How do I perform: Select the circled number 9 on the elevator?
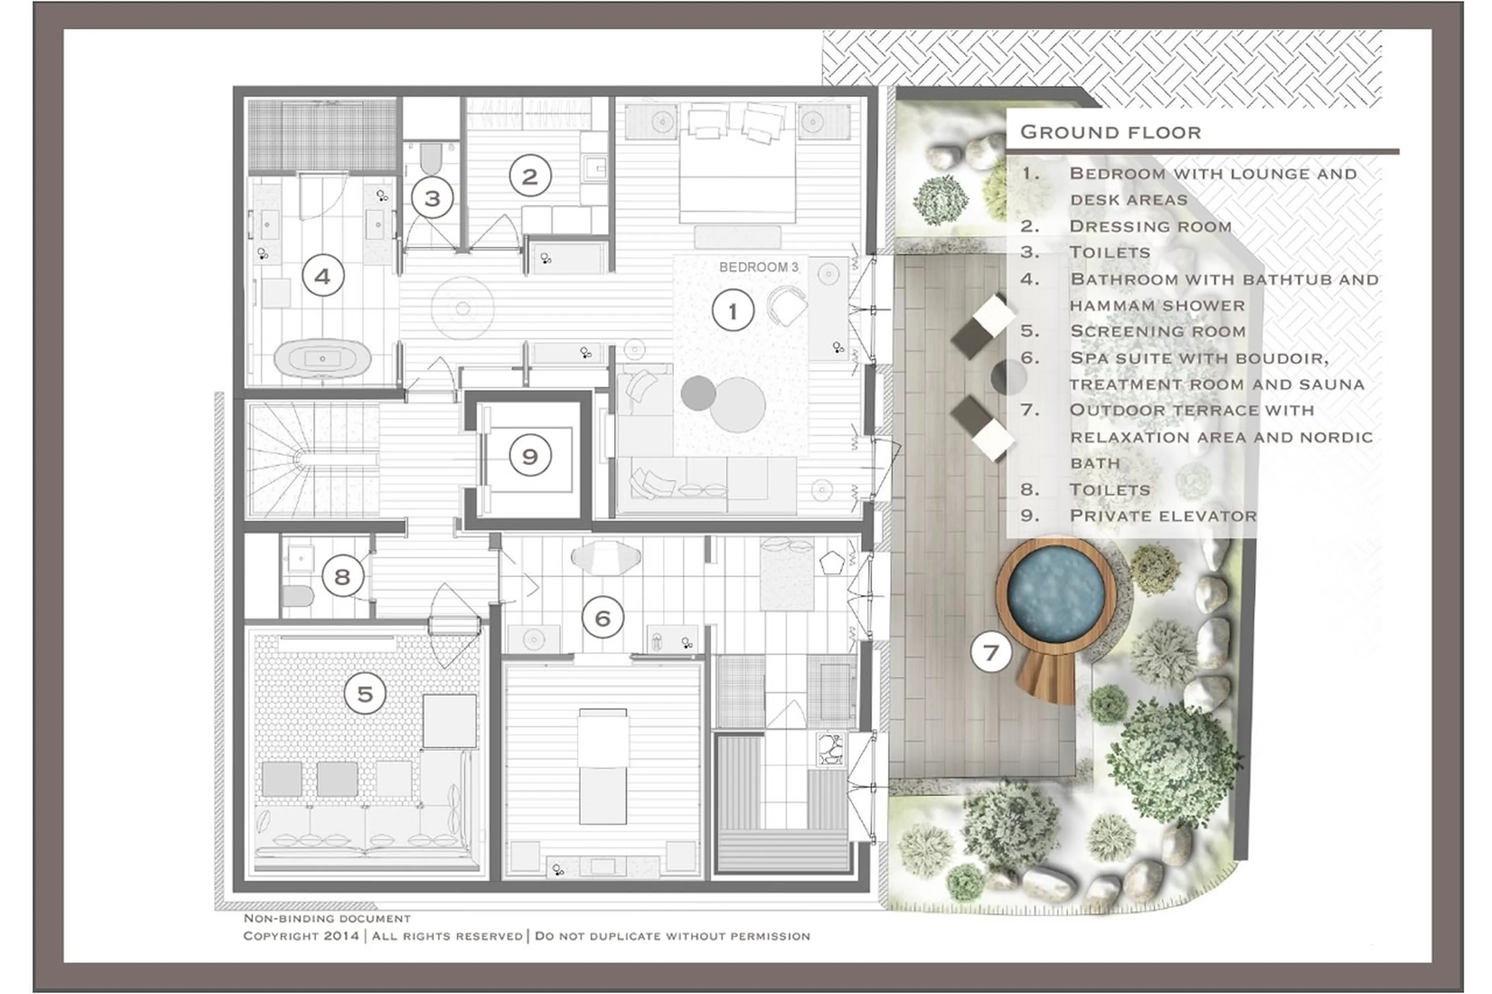click(530, 456)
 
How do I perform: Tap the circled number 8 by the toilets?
click(342, 576)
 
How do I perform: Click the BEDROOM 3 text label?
click(758, 267)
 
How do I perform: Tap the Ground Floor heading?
click(1110, 132)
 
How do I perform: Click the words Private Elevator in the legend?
click(1162, 515)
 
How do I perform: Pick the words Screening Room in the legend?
click(1157, 331)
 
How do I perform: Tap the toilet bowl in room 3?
click(431, 158)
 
